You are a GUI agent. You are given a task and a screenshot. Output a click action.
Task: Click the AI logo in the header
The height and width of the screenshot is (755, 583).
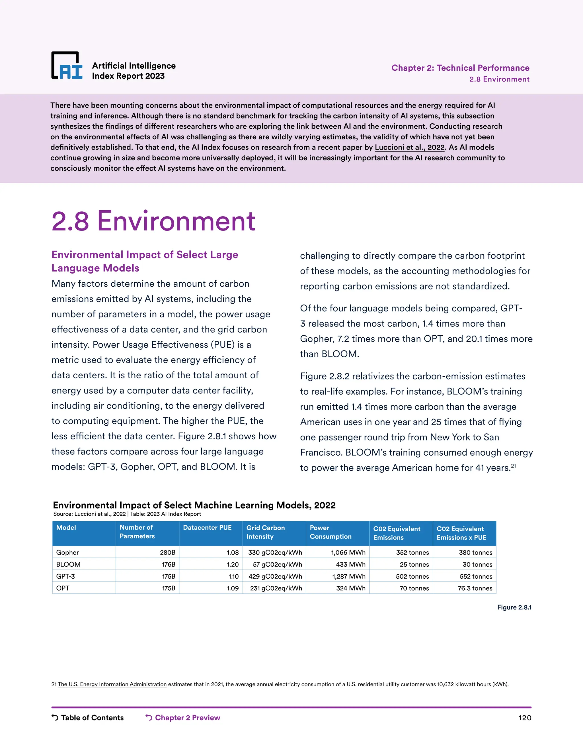click(67, 66)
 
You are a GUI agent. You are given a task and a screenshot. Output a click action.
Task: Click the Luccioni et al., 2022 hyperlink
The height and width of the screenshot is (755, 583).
click(410, 147)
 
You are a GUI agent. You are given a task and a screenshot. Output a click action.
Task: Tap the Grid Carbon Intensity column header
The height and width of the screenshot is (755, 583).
click(265, 532)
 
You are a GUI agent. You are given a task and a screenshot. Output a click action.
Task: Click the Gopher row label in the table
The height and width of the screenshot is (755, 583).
click(68, 552)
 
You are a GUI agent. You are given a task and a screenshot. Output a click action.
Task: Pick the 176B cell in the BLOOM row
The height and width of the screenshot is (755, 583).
click(169, 564)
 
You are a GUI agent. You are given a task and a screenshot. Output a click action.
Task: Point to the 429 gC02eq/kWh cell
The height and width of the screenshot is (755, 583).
click(275, 576)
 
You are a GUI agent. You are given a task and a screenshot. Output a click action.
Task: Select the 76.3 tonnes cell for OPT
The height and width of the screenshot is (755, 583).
click(475, 588)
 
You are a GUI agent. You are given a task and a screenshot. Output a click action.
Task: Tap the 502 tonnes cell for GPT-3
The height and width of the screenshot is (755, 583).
click(412, 576)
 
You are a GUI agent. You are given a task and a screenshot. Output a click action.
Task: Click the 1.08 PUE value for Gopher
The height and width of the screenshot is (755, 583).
click(233, 552)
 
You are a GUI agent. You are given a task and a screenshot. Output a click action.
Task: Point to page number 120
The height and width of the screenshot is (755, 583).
click(525, 718)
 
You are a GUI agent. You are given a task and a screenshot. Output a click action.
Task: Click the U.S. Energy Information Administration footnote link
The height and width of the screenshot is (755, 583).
click(112, 684)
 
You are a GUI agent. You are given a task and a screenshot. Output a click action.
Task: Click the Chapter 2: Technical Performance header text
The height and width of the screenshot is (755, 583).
click(460, 68)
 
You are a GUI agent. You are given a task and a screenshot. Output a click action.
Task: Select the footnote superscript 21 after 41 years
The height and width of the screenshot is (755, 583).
click(514, 466)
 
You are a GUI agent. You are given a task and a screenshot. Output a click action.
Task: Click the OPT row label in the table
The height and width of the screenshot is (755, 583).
click(63, 588)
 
